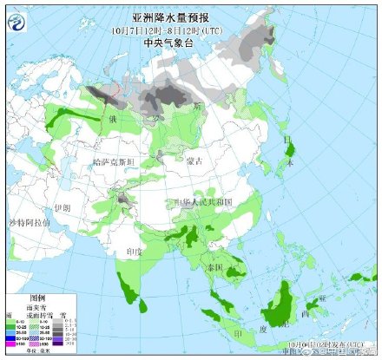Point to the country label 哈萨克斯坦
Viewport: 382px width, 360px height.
coord(114,162)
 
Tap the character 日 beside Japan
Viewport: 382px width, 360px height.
coord(288,140)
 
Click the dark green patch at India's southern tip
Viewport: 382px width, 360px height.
coord(135,295)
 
